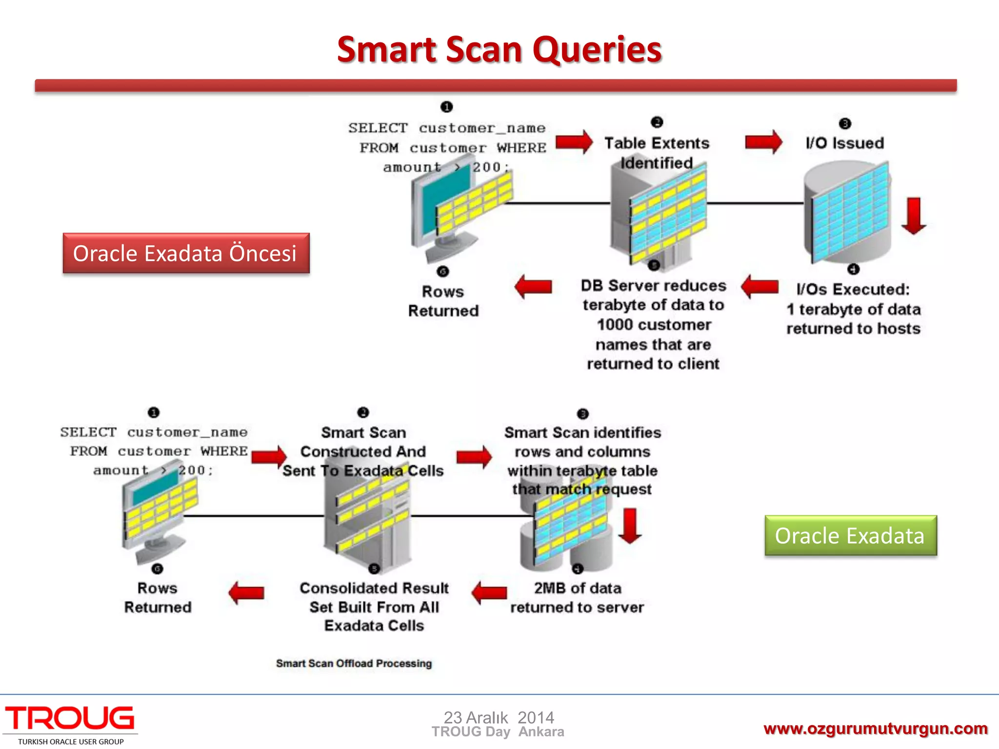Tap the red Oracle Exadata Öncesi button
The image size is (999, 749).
pos(186,253)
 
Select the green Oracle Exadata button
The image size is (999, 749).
pos(850,535)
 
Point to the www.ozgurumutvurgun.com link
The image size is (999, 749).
pos(876,729)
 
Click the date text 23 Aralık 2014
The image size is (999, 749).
pos(499,717)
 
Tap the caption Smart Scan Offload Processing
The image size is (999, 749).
pos(354,663)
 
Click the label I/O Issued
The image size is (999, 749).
pos(844,143)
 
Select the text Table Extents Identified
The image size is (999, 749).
pos(657,152)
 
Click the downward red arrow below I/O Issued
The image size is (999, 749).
pos(913,216)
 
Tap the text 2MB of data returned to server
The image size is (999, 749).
pos(577,597)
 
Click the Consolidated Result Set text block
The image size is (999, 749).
pos(374,607)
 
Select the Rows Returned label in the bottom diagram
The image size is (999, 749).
pos(158,597)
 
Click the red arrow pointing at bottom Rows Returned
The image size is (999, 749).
pos(246,592)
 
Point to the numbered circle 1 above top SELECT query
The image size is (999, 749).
pos(446,107)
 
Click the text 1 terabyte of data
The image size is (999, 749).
pos(853,309)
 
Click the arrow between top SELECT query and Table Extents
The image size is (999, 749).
pos(574,142)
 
